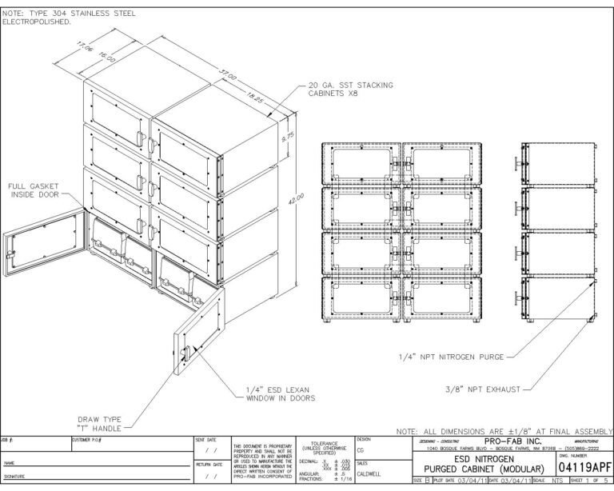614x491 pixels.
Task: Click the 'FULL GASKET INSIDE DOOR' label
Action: point(34,192)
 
